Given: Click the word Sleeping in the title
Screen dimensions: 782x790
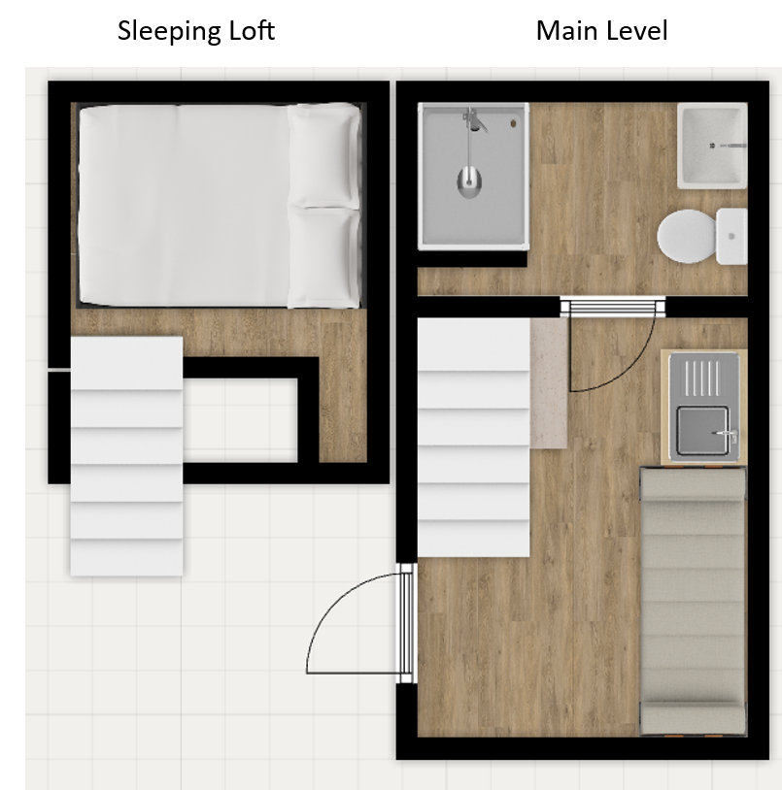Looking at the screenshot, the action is click(169, 31).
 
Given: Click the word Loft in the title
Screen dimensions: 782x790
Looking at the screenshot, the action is click(252, 30).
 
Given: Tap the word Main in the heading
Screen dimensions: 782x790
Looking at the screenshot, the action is click(566, 30).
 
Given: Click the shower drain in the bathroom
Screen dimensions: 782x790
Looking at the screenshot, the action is click(513, 123).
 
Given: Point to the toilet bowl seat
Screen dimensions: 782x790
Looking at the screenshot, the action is click(686, 236).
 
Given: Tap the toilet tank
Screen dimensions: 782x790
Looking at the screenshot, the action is click(731, 236).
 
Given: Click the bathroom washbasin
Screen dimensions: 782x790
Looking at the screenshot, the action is click(712, 146).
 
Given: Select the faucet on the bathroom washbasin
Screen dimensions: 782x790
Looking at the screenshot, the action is click(730, 146).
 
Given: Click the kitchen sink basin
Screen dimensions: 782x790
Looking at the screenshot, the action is click(702, 431).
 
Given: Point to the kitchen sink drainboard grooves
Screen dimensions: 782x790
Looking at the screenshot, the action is click(701, 378).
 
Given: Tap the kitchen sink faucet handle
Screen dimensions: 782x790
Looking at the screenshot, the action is click(727, 433).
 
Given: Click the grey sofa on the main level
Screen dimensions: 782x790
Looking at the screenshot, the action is click(693, 602).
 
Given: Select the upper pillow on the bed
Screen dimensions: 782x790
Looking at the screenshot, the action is click(323, 154).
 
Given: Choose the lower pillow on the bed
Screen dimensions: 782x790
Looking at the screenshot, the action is click(323, 257).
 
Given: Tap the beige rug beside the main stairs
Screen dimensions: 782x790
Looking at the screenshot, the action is click(549, 383).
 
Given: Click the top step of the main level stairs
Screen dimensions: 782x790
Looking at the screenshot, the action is click(473, 345).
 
